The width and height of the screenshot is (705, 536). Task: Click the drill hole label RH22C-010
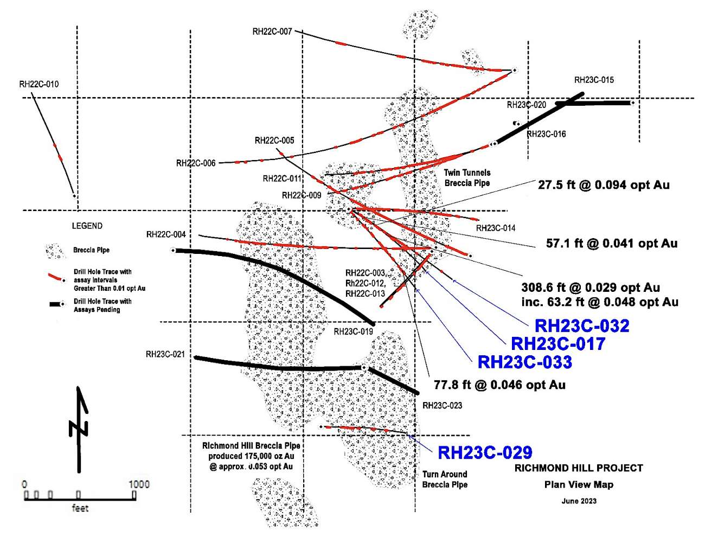(39, 84)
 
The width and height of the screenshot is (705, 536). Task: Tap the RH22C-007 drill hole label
(272, 31)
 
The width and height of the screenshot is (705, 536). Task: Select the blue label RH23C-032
(582, 326)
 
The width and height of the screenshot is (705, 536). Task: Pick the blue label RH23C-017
(558, 343)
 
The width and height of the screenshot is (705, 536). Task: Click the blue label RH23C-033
(524, 362)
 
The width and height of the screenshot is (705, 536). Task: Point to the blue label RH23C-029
(485, 452)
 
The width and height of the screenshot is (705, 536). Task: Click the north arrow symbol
(79, 429)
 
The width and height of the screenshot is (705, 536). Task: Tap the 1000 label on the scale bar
(139, 484)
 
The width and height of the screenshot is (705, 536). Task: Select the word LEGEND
(87, 226)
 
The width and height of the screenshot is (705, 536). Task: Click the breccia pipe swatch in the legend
(54, 251)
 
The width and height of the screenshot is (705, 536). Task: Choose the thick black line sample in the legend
(56, 304)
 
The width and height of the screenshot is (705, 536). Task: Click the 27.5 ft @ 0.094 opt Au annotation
(604, 185)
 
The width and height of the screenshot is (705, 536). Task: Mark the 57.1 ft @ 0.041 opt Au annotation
(612, 244)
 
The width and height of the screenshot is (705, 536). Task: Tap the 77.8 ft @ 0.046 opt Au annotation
(499, 385)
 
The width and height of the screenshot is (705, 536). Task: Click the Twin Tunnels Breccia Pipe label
(467, 178)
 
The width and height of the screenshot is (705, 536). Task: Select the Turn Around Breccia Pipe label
(445, 479)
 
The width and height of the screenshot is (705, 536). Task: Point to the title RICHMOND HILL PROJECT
(579, 468)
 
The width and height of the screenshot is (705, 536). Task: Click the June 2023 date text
(579, 501)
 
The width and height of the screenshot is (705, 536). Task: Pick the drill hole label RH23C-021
(165, 354)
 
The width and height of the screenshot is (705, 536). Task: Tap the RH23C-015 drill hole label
(594, 80)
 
